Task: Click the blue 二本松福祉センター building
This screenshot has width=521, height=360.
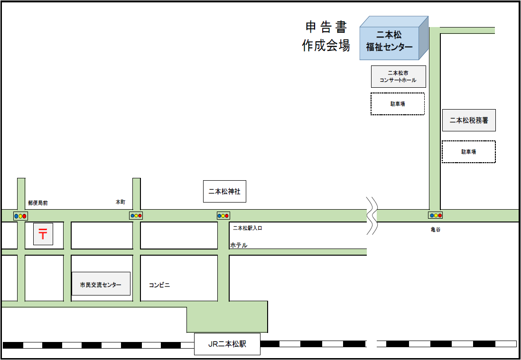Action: tap(389, 41)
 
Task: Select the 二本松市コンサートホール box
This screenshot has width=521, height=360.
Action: tap(398, 76)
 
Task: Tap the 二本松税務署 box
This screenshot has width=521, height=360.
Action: tap(469, 120)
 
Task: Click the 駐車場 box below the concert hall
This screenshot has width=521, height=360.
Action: tap(397, 104)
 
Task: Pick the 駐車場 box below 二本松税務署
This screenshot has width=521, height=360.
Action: tap(468, 152)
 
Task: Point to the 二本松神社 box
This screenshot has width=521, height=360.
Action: tap(224, 192)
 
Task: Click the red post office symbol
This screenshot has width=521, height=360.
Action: tap(43, 234)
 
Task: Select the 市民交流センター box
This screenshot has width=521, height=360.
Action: tap(101, 285)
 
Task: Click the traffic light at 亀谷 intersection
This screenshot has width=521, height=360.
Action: tap(436, 215)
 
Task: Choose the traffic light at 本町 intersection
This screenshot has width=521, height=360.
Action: tap(136, 215)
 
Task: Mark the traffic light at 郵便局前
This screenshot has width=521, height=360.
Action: tap(21, 216)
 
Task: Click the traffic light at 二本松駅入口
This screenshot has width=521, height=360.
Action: tap(223, 215)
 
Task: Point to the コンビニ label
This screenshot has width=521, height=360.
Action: tap(159, 285)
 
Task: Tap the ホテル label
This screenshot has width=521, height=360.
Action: tap(239, 245)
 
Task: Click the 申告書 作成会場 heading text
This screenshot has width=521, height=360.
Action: tap(326, 36)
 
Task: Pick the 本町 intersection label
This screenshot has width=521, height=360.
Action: tap(121, 202)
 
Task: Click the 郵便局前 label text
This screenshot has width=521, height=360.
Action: tap(38, 203)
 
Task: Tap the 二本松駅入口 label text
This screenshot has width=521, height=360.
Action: tap(248, 228)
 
